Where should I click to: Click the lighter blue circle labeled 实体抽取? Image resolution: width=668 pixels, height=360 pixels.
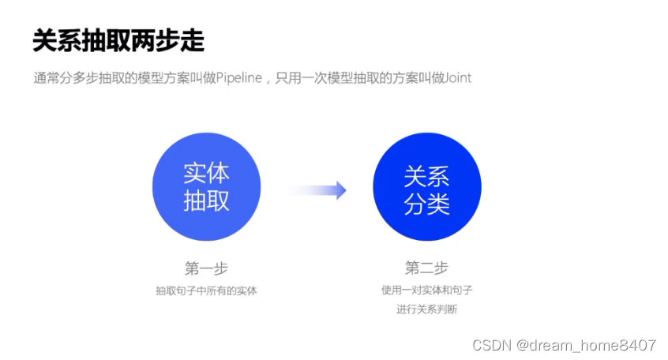(x=206, y=186)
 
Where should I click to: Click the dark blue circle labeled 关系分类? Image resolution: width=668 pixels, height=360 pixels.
(x=426, y=186)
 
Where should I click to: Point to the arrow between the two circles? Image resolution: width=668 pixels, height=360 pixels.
(x=317, y=189)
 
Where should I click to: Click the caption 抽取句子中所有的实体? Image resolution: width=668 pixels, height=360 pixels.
(x=206, y=291)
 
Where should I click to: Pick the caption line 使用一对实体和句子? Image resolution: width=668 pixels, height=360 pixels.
(x=426, y=291)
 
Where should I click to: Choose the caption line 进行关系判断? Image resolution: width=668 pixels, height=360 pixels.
(x=426, y=309)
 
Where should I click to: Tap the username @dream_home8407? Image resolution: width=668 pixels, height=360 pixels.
(x=585, y=346)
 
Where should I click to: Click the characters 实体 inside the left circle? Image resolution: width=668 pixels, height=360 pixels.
(x=206, y=173)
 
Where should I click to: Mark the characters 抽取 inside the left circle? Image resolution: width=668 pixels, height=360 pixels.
(x=206, y=201)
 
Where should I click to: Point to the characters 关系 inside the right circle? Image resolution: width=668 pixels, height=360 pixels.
(x=426, y=174)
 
